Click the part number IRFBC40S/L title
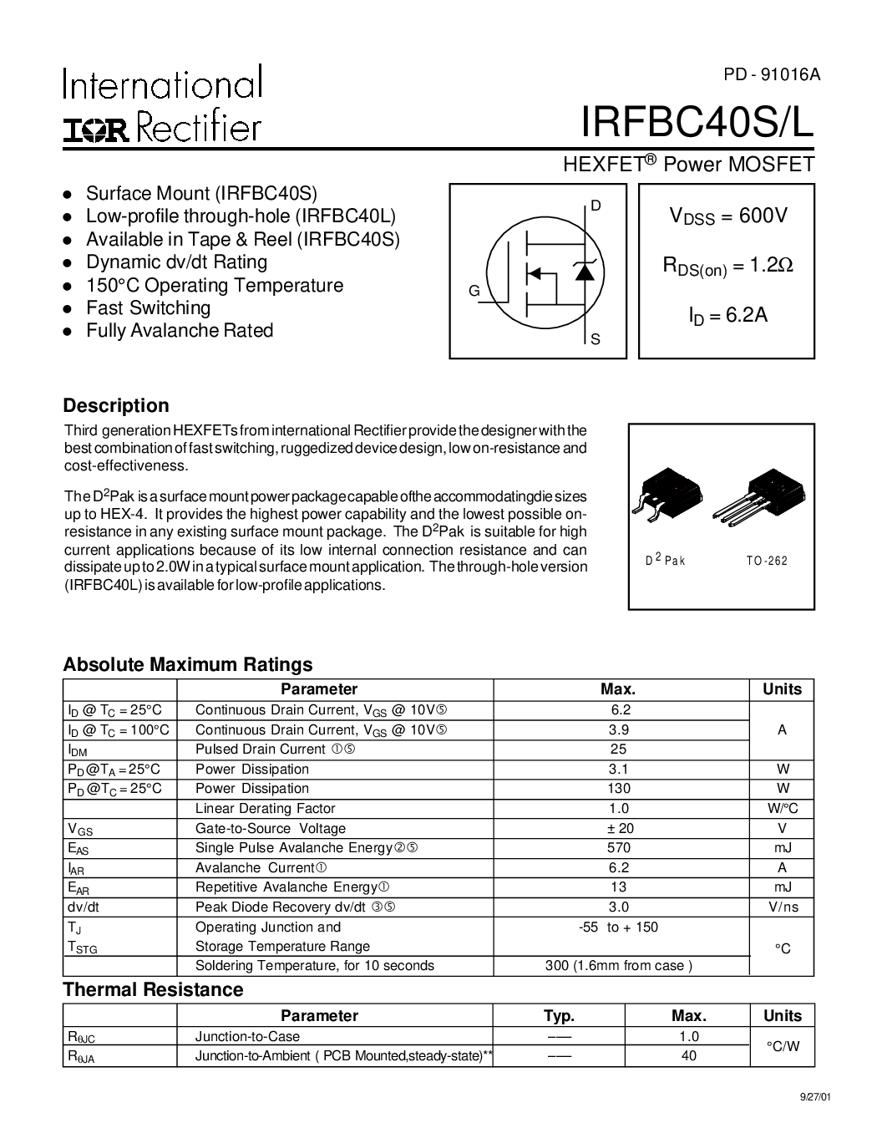(x=697, y=123)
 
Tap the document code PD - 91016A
(x=772, y=74)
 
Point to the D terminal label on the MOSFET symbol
(x=596, y=206)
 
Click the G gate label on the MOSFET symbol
(x=474, y=291)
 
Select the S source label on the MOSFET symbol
(x=596, y=339)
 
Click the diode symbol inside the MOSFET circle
(x=585, y=272)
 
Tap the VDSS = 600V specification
(x=727, y=216)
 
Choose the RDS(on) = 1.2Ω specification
(x=727, y=266)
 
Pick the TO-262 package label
(x=767, y=561)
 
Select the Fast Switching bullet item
(x=148, y=307)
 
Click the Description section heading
(x=116, y=405)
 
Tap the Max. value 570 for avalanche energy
(x=619, y=848)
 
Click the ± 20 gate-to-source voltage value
(x=620, y=828)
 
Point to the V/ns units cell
(x=782, y=907)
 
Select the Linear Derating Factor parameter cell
(x=265, y=808)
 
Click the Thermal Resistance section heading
(x=153, y=989)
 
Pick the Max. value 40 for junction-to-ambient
(x=688, y=1055)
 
